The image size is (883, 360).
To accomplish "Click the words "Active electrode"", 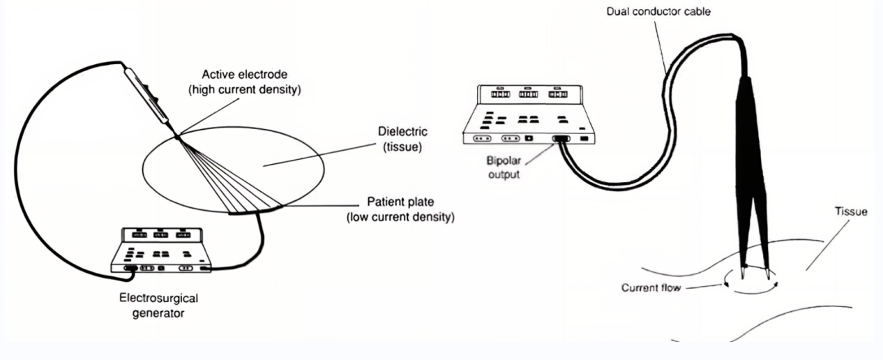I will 242,75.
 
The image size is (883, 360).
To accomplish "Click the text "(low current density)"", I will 400,217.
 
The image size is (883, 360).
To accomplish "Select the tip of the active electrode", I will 177,136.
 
